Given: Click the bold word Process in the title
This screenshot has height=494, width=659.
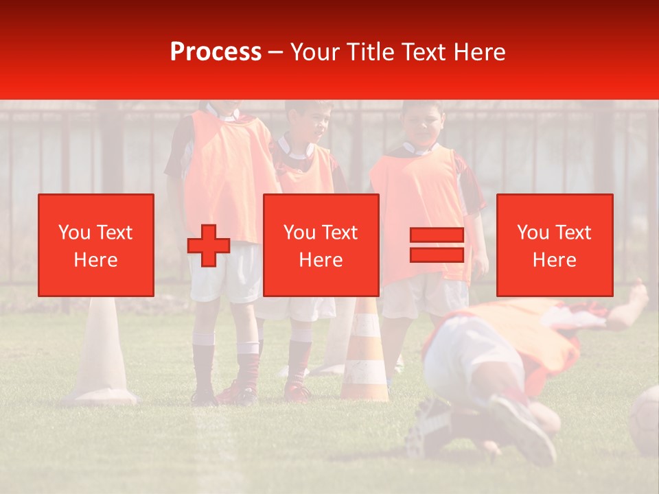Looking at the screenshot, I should tap(216, 52).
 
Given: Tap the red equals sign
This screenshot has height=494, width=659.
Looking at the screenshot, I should tap(437, 245).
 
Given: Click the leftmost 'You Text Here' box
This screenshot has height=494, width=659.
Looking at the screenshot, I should tap(96, 245).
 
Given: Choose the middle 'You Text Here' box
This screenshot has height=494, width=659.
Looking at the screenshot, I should tap(321, 245).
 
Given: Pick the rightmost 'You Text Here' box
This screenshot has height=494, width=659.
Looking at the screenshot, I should tap(554, 245).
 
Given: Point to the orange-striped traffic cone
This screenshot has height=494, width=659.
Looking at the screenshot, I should tap(365, 357).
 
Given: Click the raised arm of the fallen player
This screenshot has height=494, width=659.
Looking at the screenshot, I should tap(628, 305).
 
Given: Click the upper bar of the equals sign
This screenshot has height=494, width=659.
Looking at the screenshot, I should tap(437, 235).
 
